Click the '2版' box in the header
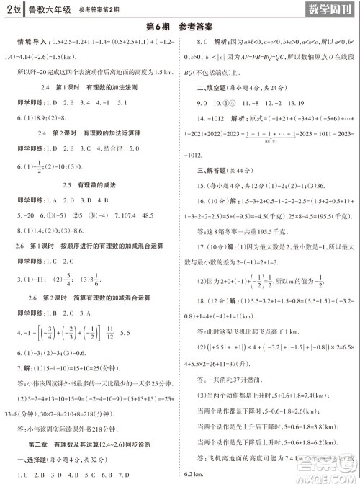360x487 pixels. (13, 9)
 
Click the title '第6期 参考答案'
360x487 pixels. (179, 27)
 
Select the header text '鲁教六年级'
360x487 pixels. (48, 9)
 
